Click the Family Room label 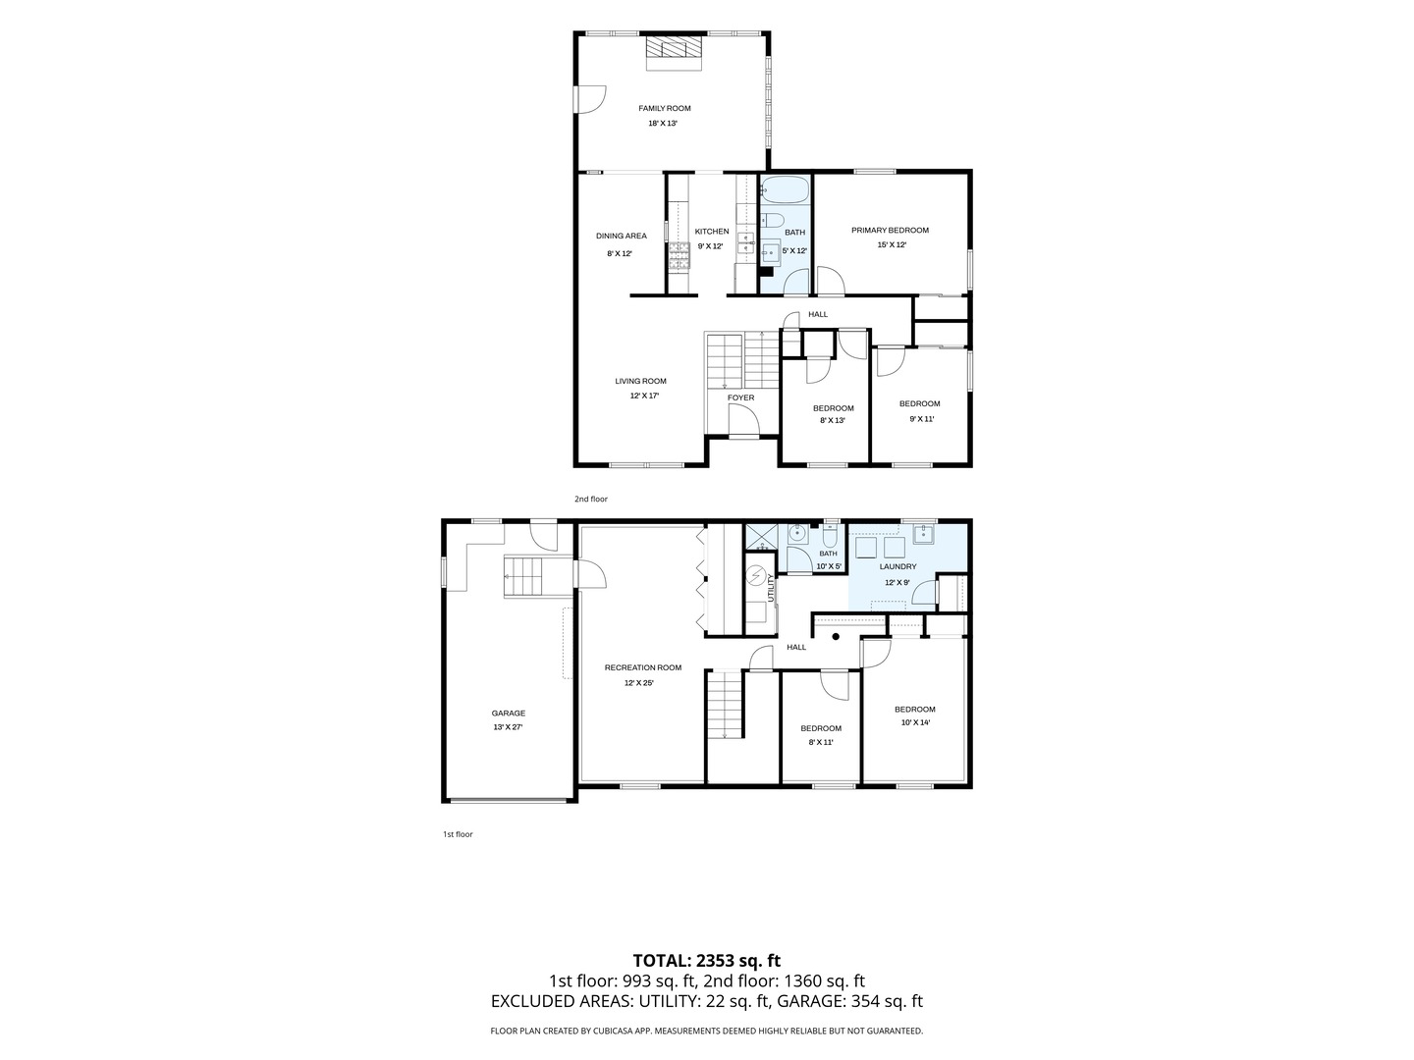pyautogui.click(x=664, y=109)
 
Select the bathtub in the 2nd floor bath pyautogui.click(x=785, y=189)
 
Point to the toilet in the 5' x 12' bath pyautogui.click(x=772, y=219)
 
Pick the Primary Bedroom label pyautogui.click(x=890, y=231)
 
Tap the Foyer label pyautogui.click(x=740, y=397)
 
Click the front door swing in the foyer pyautogui.click(x=744, y=421)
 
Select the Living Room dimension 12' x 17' pyautogui.click(x=644, y=396)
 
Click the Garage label pyautogui.click(x=509, y=714)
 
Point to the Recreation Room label pyautogui.click(x=642, y=667)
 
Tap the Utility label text pyautogui.click(x=771, y=588)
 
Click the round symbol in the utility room pyautogui.click(x=755, y=575)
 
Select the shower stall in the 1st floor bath pyautogui.click(x=761, y=538)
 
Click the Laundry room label pyautogui.click(x=897, y=567)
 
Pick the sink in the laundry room pyautogui.click(x=923, y=534)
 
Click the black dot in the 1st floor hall pyautogui.click(x=836, y=637)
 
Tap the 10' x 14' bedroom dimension pyautogui.click(x=915, y=722)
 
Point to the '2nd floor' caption pyautogui.click(x=591, y=499)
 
